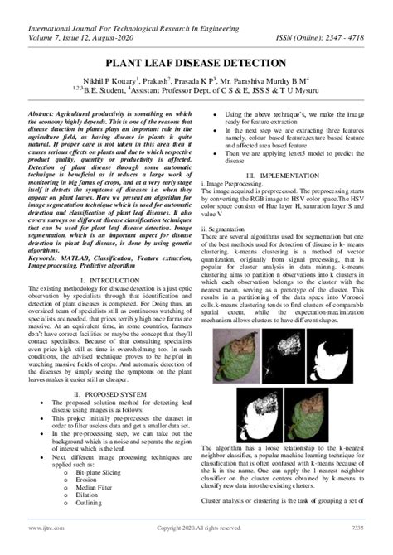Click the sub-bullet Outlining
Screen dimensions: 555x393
pos(90,514)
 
